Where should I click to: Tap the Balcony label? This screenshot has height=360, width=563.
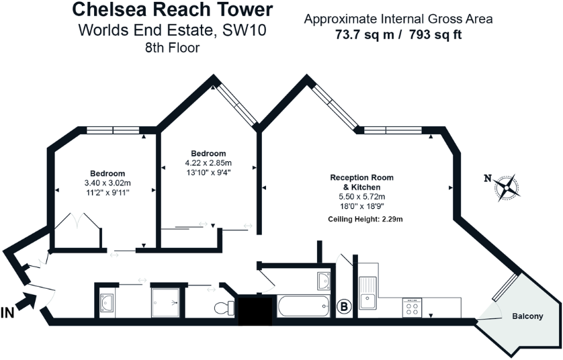pos(527,316)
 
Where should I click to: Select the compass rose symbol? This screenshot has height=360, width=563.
pos(509,187)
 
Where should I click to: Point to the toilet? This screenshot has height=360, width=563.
pos(224,308)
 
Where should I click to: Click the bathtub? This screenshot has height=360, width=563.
pos(304,308)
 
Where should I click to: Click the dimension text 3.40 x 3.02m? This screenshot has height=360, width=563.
pos(107,183)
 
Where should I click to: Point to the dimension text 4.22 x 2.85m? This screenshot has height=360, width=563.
pos(208,162)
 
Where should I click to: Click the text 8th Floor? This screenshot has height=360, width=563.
pos(173,47)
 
